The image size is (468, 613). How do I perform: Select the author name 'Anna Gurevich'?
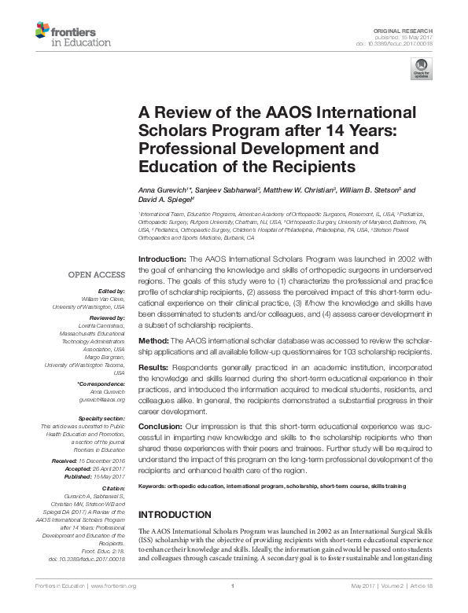point(165,190)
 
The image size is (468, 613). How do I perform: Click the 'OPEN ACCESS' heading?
point(97,275)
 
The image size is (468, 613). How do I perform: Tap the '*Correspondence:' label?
point(101,384)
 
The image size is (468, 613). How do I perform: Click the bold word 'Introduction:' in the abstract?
point(162,259)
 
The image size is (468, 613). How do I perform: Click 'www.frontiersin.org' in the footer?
point(112,586)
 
